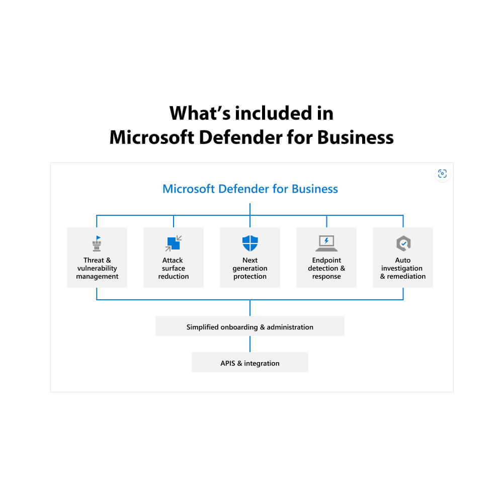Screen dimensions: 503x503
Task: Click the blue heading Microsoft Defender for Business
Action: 250,189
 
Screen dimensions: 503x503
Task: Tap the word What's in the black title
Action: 199,113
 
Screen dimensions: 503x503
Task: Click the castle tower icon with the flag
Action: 97,244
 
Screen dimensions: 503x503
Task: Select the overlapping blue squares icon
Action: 174,243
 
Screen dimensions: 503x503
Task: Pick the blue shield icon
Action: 250,243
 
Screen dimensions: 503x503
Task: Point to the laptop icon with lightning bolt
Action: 326,243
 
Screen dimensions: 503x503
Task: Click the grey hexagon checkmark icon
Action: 403,243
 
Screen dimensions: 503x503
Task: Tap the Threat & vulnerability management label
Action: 97,268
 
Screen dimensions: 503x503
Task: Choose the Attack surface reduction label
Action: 174,268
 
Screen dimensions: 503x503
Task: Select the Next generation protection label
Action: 250,268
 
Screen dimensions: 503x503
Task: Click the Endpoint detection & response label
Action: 326,268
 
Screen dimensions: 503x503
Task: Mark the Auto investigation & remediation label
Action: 403,268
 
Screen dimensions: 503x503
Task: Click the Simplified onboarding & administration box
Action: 250,326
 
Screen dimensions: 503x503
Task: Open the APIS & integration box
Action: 250,363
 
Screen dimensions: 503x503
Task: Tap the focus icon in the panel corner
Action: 442,174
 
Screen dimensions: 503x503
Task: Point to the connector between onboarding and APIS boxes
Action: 250,344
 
